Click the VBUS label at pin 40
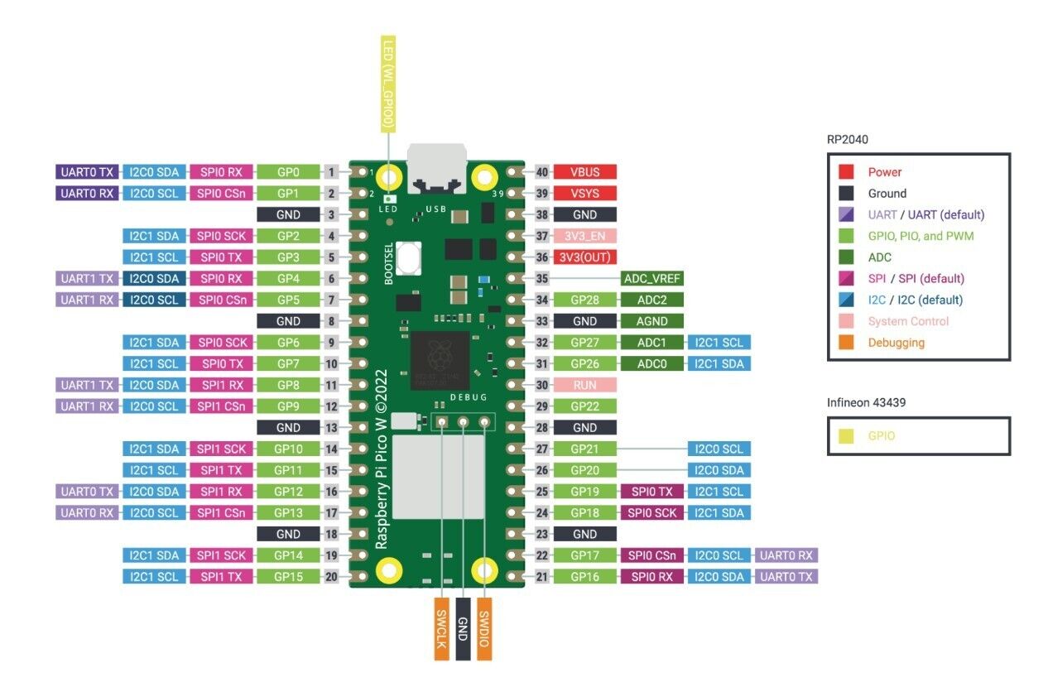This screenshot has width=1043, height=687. pyautogui.click(x=584, y=172)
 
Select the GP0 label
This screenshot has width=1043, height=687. pyautogui.click(x=288, y=172)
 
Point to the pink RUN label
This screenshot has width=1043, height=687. pyautogui.click(x=584, y=385)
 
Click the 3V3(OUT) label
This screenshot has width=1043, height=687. pyautogui.click(x=584, y=257)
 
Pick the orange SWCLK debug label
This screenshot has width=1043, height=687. pyautogui.click(x=442, y=628)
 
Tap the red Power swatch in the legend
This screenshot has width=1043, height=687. pyautogui.click(x=846, y=172)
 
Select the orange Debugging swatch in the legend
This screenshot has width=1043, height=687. pyautogui.click(x=846, y=342)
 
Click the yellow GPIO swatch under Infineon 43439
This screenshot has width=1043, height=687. pyautogui.click(x=846, y=435)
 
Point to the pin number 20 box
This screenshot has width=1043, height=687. pyautogui.click(x=331, y=576)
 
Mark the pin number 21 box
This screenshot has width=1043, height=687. pyautogui.click(x=541, y=576)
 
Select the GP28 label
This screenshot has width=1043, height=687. pyautogui.click(x=584, y=300)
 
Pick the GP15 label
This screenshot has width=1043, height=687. pyautogui.click(x=288, y=576)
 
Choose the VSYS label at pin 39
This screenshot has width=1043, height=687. pyautogui.click(x=584, y=194)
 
